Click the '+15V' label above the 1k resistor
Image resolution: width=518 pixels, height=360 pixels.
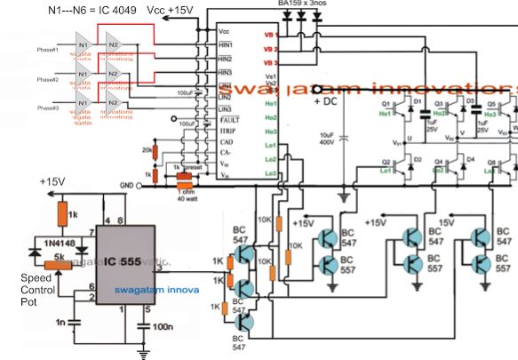52,183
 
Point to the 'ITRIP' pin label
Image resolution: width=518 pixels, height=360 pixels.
228,130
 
